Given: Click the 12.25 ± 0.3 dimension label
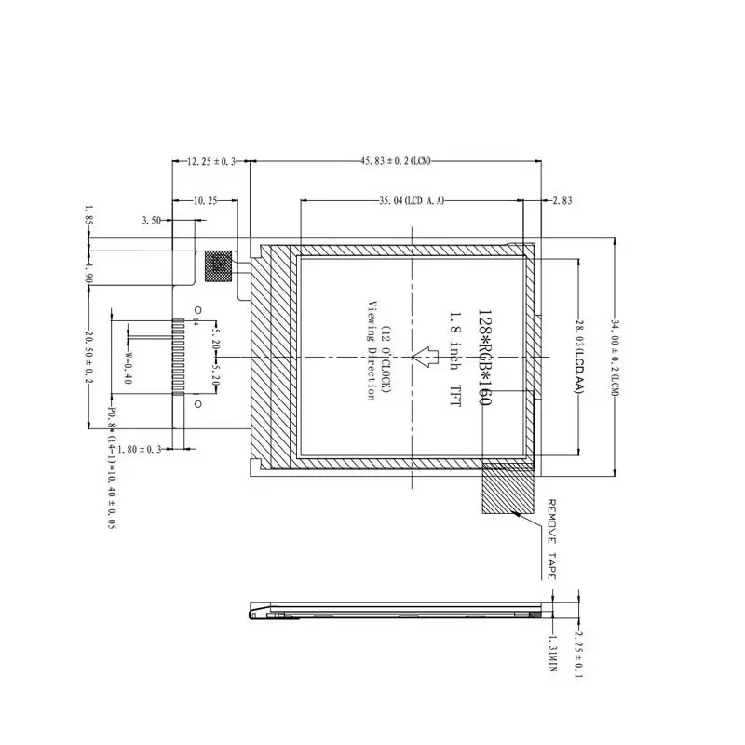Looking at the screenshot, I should coord(212,162).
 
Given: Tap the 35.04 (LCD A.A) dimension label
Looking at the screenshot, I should coord(411,200).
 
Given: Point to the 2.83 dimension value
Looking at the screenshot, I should coord(562,200).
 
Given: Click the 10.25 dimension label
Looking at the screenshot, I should coord(205,200).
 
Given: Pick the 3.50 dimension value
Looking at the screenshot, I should coord(152,221).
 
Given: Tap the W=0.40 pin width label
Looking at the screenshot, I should coord(129,366).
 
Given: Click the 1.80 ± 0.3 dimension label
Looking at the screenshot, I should coord(142,449).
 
